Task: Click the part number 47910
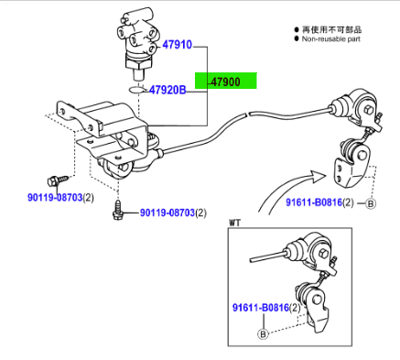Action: point(177,45)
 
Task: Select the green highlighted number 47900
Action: point(226,82)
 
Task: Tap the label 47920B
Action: point(168,90)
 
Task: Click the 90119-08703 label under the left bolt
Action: point(55,198)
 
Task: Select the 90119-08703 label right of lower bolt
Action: point(168,213)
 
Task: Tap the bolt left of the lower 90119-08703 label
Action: point(118,210)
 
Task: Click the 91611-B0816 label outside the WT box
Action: point(314,202)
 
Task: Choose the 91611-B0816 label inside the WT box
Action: point(261,307)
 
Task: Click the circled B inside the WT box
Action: point(263,334)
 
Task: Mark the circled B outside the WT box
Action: point(371,203)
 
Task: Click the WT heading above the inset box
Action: point(234,223)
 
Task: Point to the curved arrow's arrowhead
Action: point(318,177)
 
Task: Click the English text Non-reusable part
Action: point(331,38)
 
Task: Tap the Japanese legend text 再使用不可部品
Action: point(331,29)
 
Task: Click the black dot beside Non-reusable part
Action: point(297,38)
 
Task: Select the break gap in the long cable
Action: point(248,114)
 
